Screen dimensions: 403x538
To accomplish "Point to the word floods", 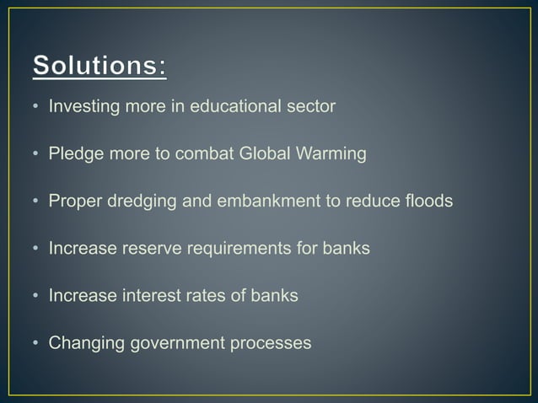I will pyautogui.click(x=426, y=201).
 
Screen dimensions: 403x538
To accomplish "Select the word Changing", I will pyautogui.click(x=83, y=344).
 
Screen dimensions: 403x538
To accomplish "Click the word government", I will pyautogui.click(x=174, y=344).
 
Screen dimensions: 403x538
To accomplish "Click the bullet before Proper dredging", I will pyautogui.click(x=36, y=202).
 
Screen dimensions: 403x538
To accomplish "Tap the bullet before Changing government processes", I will pyautogui.click(x=36, y=344).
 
